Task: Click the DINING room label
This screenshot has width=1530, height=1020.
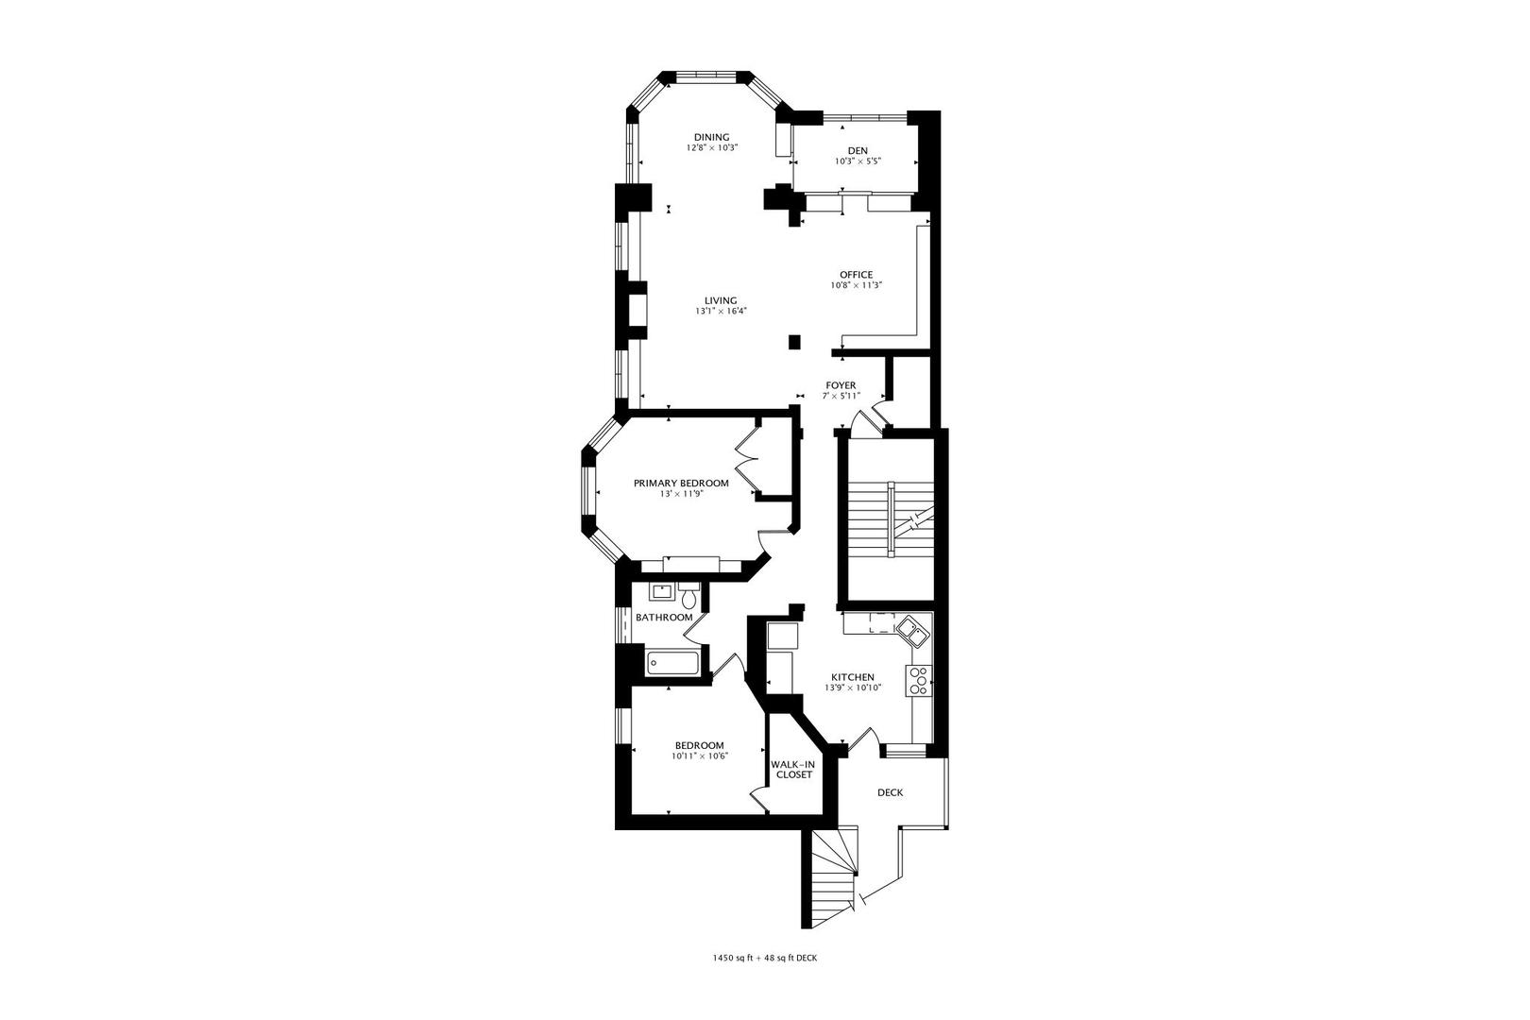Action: tap(712, 137)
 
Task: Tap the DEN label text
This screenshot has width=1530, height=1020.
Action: tap(858, 151)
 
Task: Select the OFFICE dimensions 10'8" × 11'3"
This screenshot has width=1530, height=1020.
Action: tap(857, 285)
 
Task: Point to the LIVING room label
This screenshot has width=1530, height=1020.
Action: tap(722, 300)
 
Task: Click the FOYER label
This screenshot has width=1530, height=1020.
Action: tap(841, 385)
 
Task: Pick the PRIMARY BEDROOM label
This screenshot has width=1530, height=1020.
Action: tap(681, 483)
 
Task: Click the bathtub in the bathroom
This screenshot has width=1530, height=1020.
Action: tap(672, 663)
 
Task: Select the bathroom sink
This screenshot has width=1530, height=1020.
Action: tap(660, 591)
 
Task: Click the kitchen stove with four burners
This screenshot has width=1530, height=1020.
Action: tap(919, 680)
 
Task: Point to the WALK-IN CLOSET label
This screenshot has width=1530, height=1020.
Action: tap(793, 770)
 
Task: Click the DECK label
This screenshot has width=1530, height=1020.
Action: tap(890, 792)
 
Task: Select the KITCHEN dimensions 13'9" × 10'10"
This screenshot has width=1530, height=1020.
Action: tap(853, 688)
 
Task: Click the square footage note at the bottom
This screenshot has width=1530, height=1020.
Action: tap(765, 958)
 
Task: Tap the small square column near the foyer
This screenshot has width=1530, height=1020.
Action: tap(794, 342)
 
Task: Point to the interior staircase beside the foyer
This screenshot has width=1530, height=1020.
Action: tap(891, 519)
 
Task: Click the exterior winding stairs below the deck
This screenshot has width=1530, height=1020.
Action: tap(833, 878)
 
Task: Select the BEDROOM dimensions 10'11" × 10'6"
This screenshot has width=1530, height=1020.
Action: tap(699, 756)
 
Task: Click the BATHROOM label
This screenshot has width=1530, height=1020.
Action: tap(664, 618)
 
